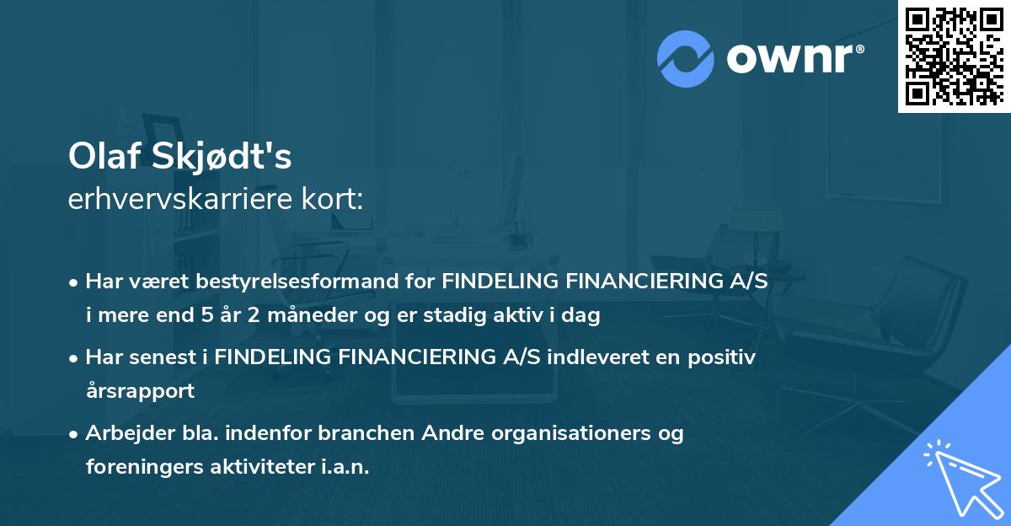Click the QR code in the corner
(x=954, y=56)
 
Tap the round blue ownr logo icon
(x=686, y=58)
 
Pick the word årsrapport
(x=140, y=390)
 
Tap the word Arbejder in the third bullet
(x=123, y=433)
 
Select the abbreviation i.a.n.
(x=344, y=466)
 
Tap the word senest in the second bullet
(x=163, y=357)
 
